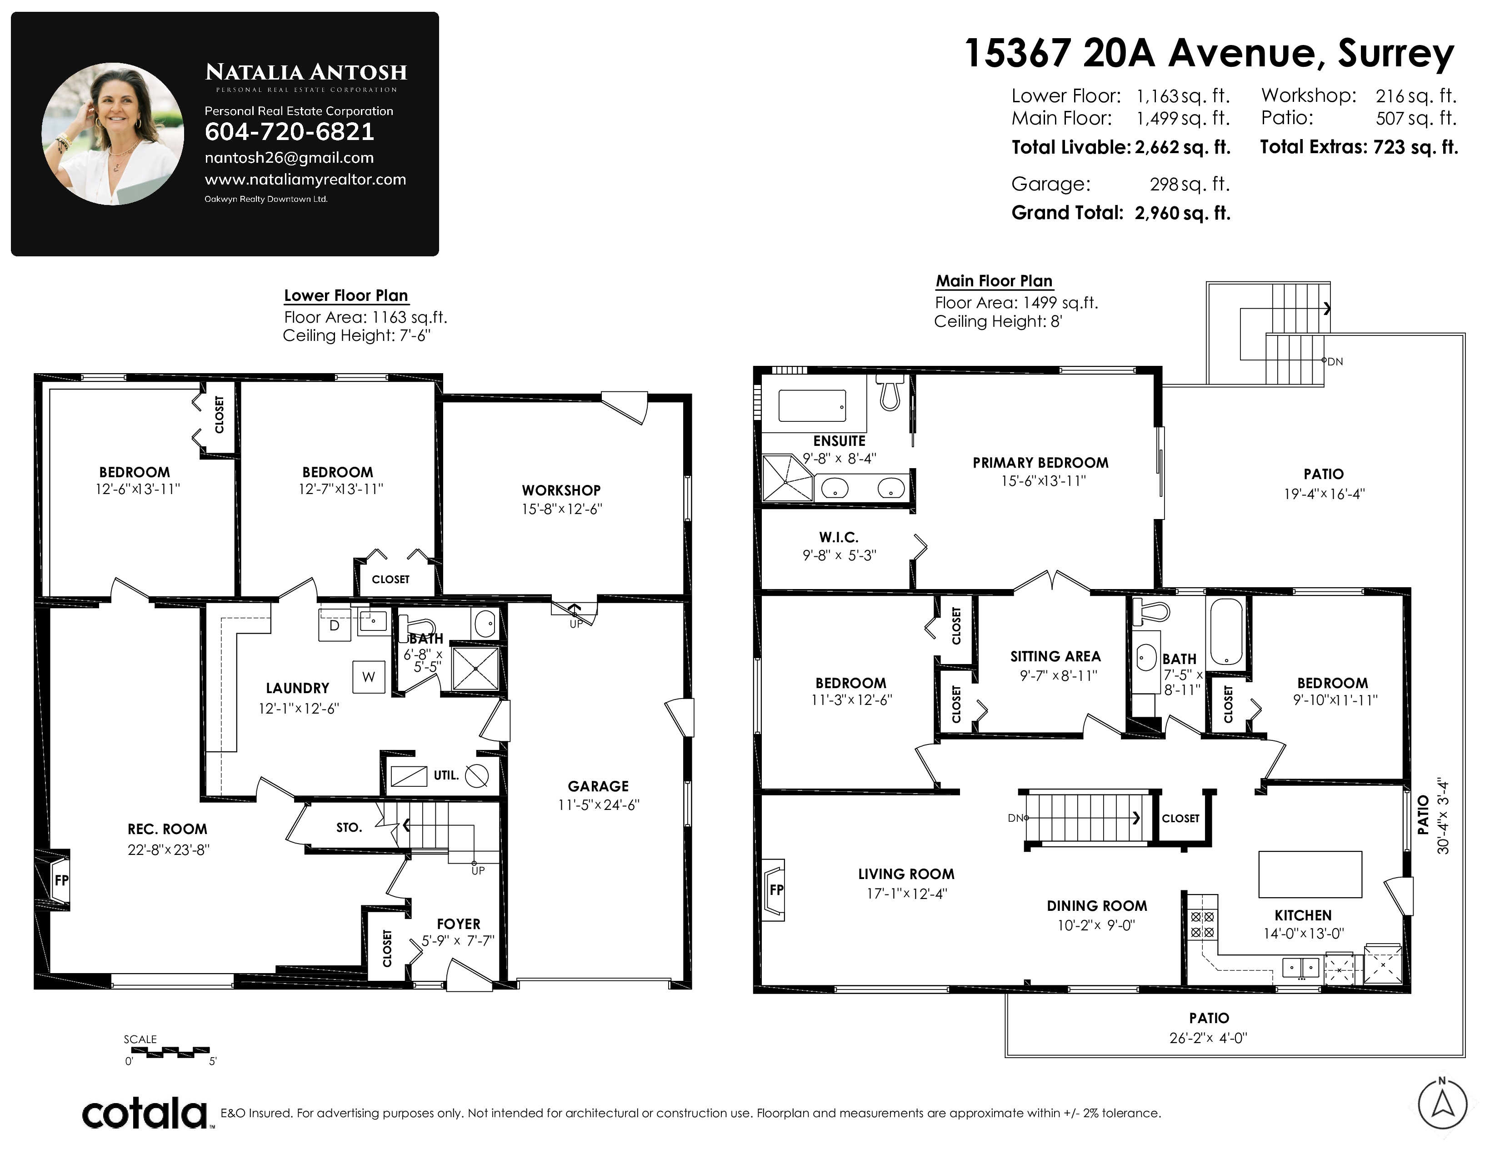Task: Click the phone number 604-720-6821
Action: (289, 131)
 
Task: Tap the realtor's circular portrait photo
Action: (113, 134)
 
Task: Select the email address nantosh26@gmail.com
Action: (289, 158)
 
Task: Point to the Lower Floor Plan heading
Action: (346, 295)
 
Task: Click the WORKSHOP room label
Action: (561, 490)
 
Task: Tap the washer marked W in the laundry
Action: (369, 677)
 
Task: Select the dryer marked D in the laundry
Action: (335, 625)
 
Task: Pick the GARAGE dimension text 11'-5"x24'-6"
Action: (598, 804)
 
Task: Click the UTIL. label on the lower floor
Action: (446, 775)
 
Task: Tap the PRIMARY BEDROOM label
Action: (1040, 463)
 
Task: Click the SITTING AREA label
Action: (1055, 656)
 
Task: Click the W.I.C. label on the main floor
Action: (839, 537)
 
